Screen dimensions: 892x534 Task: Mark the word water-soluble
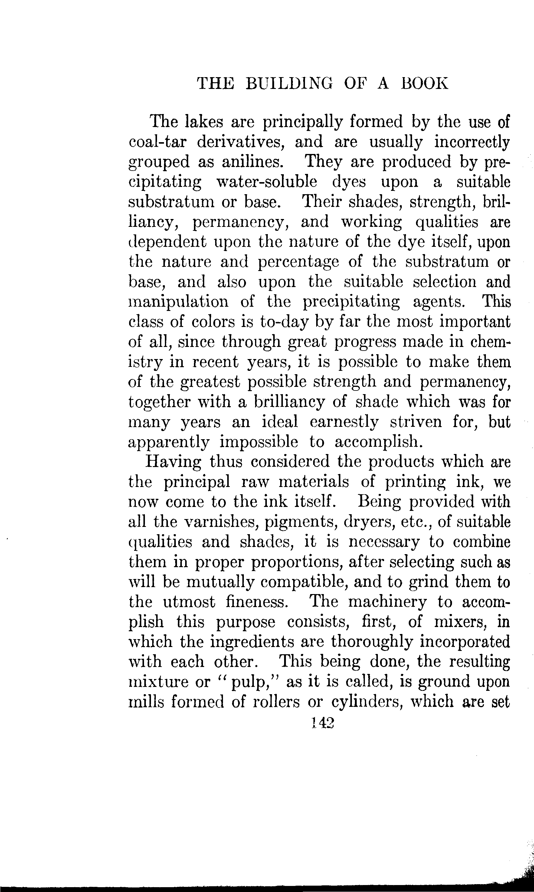click(x=267, y=182)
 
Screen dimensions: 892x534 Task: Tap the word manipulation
click(x=179, y=301)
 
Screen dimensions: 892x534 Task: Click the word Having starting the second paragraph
click(x=173, y=462)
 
